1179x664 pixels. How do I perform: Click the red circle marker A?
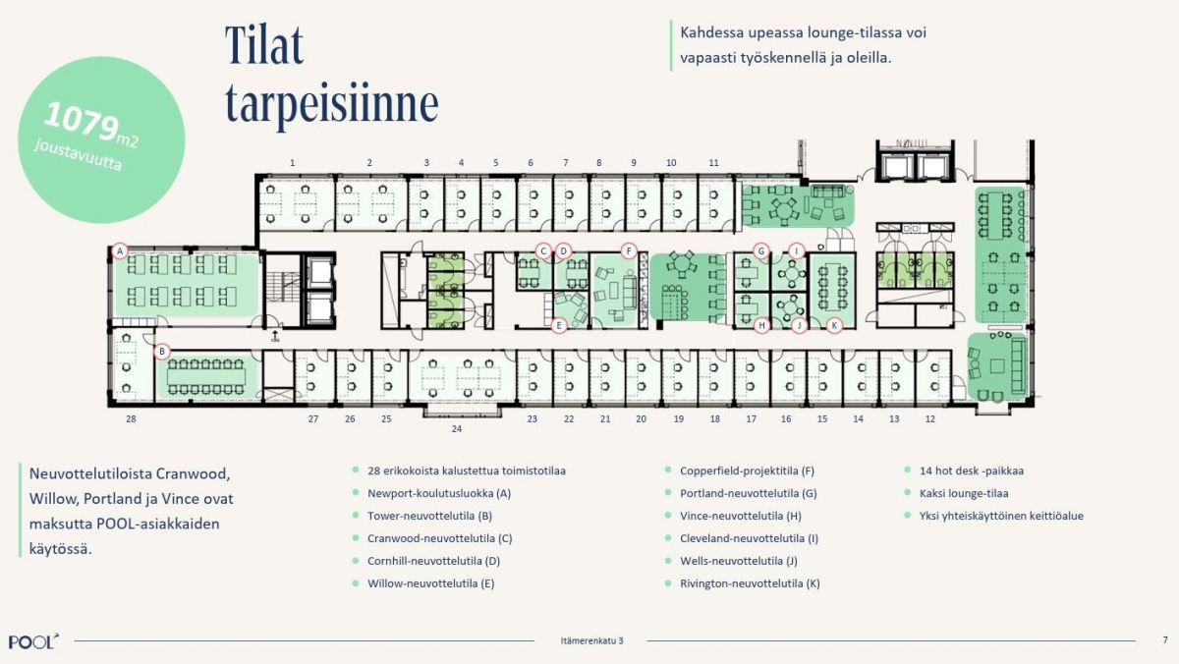click(120, 251)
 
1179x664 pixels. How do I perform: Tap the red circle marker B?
click(162, 352)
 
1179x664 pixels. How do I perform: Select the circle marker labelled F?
click(629, 251)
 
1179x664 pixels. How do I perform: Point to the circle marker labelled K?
click(834, 326)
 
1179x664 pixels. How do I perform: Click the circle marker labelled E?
click(559, 326)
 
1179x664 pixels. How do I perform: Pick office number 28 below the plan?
click(131, 419)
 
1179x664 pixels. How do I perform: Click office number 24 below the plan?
click(456, 429)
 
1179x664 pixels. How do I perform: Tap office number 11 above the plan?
click(713, 163)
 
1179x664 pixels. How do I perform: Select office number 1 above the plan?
click(292, 163)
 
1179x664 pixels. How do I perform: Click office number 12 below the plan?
click(930, 419)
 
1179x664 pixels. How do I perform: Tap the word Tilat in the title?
click(264, 45)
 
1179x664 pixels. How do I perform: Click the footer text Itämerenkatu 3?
click(591, 640)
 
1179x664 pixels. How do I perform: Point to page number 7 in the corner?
click(1165, 639)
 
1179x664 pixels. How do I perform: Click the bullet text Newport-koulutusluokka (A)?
click(439, 493)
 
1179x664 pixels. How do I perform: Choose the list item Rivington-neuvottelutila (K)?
click(750, 583)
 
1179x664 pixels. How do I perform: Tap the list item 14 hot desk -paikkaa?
click(971, 470)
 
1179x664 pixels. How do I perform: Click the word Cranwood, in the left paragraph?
click(185, 474)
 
